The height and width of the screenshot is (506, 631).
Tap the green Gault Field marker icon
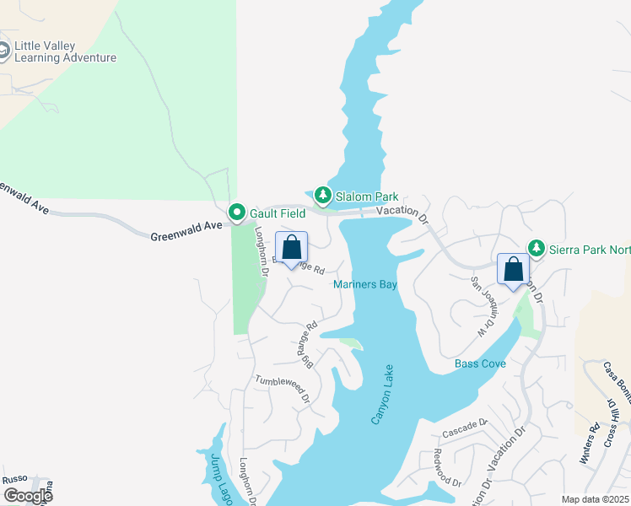pyautogui.click(x=238, y=211)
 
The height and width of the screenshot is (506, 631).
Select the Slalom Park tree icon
pyautogui.click(x=322, y=196)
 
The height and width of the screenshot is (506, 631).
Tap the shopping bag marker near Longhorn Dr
pyautogui.click(x=292, y=249)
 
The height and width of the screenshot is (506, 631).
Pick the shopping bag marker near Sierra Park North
pyautogui.click(x=513, y=270)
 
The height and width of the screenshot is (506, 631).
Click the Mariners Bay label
pyautogui.click(x=364, y=285)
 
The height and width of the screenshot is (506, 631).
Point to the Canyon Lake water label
pyautogui.click(x=382, y=396)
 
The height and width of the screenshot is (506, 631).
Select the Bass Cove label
pyautogui.click(x=480, y=363)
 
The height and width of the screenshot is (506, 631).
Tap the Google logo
pyautogui.click(x=28, y=495)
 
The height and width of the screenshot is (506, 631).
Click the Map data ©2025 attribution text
pyautogui.click(x=594, y=499)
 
